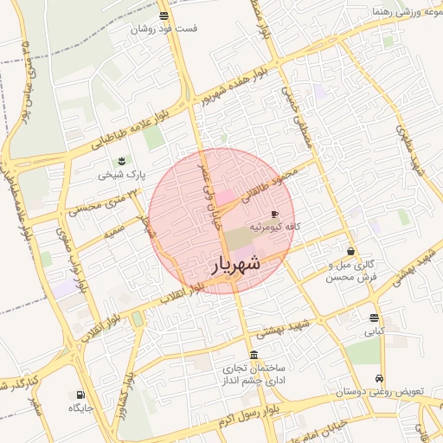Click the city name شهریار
pos(235,266)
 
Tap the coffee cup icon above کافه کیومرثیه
pos(275,213)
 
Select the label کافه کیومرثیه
pos(275,227)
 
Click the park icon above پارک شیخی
pos(121,161)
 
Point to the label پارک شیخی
pos(121,174)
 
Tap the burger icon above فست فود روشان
pos(164,16)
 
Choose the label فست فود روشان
pos(164,29)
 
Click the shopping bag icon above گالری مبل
pos(350,251)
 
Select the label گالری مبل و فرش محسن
pos(353,271)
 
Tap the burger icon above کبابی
pos(374,318)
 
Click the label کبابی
pos(374,331)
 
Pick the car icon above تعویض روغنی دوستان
pos(380,378)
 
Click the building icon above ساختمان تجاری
pos(253,356)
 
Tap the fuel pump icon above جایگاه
pos(75,395)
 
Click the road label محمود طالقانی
pos(280,179)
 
